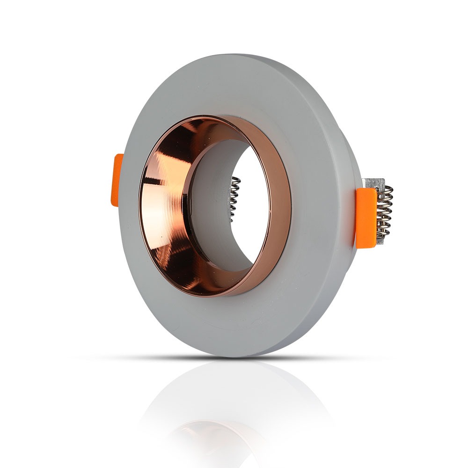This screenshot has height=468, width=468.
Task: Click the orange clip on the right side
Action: click(x=366, y=216)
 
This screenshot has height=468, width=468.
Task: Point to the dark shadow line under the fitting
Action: click(x=234, y=358)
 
